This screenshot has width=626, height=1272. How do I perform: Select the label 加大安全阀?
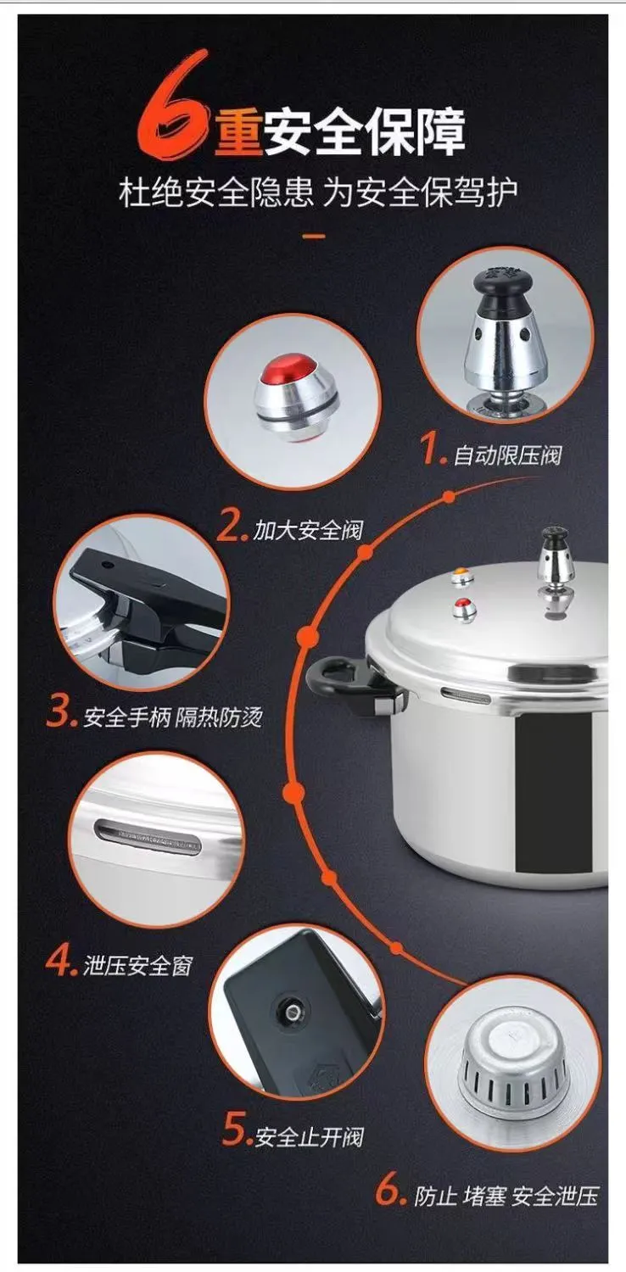308,530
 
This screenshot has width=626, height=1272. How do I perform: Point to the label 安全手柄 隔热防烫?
173,717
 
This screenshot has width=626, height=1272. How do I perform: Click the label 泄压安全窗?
138,965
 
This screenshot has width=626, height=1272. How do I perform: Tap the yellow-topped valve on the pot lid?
462,577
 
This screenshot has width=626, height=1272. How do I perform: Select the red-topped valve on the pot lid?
464,610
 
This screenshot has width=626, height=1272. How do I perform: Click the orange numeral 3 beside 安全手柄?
60,714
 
